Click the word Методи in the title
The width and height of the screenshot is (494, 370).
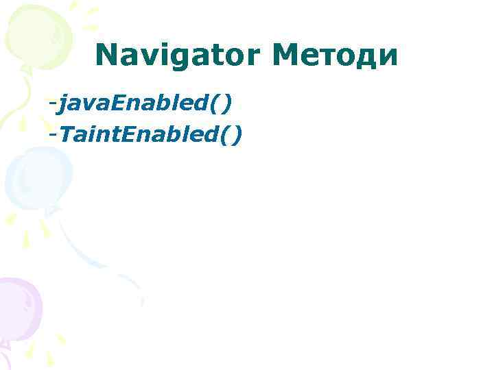[336, 55]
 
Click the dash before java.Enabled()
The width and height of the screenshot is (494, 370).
[52, 105]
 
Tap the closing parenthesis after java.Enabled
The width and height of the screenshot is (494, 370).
[226, 104]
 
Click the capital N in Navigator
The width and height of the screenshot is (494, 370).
[106, 55]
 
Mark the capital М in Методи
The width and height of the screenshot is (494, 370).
[285, 55]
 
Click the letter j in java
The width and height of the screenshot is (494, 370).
[62, 105]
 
